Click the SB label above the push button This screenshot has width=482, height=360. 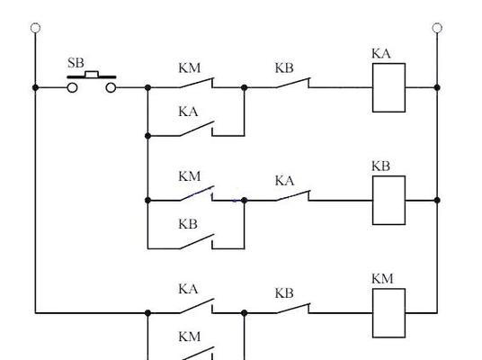(x=76, y=63)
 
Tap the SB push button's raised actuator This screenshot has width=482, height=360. (x=92, y=74)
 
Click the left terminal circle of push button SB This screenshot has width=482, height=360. (x=72, y=88)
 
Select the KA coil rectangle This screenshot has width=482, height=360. (x=388, y=87)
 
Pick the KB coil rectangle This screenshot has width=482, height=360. (x=388, y=201)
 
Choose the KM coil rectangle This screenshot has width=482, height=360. (x=388, y=313)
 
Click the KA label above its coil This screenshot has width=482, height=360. (x=381, y=54)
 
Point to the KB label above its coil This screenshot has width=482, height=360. (x=381, y=166)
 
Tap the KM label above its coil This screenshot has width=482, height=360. (x=382, y=279)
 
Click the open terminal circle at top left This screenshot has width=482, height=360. (x=36, y=28)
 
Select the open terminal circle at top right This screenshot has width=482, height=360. (x=437, y=28)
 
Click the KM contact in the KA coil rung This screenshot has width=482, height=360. (x=197, y=83)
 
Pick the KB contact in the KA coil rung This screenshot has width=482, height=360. (x=293, y=83)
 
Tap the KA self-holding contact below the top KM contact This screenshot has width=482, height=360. (x=197, y=130)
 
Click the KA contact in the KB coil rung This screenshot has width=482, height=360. (x=293, y=195)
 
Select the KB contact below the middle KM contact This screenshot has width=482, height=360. (x=197, y=242)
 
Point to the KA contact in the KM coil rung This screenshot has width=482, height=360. (x=197, y=306)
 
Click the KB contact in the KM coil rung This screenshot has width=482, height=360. (x=293, y=309)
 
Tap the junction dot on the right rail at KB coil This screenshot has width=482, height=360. (x=437, y=201)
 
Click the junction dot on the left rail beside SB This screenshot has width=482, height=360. (x=35, y=87)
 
